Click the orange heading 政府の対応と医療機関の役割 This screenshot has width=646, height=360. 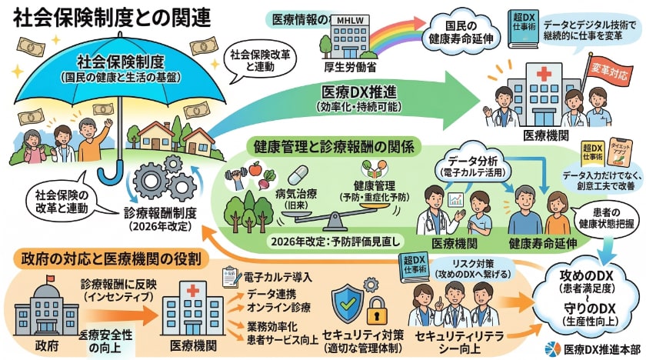pos(111,259)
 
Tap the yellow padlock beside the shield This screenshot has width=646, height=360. pos(375,312)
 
